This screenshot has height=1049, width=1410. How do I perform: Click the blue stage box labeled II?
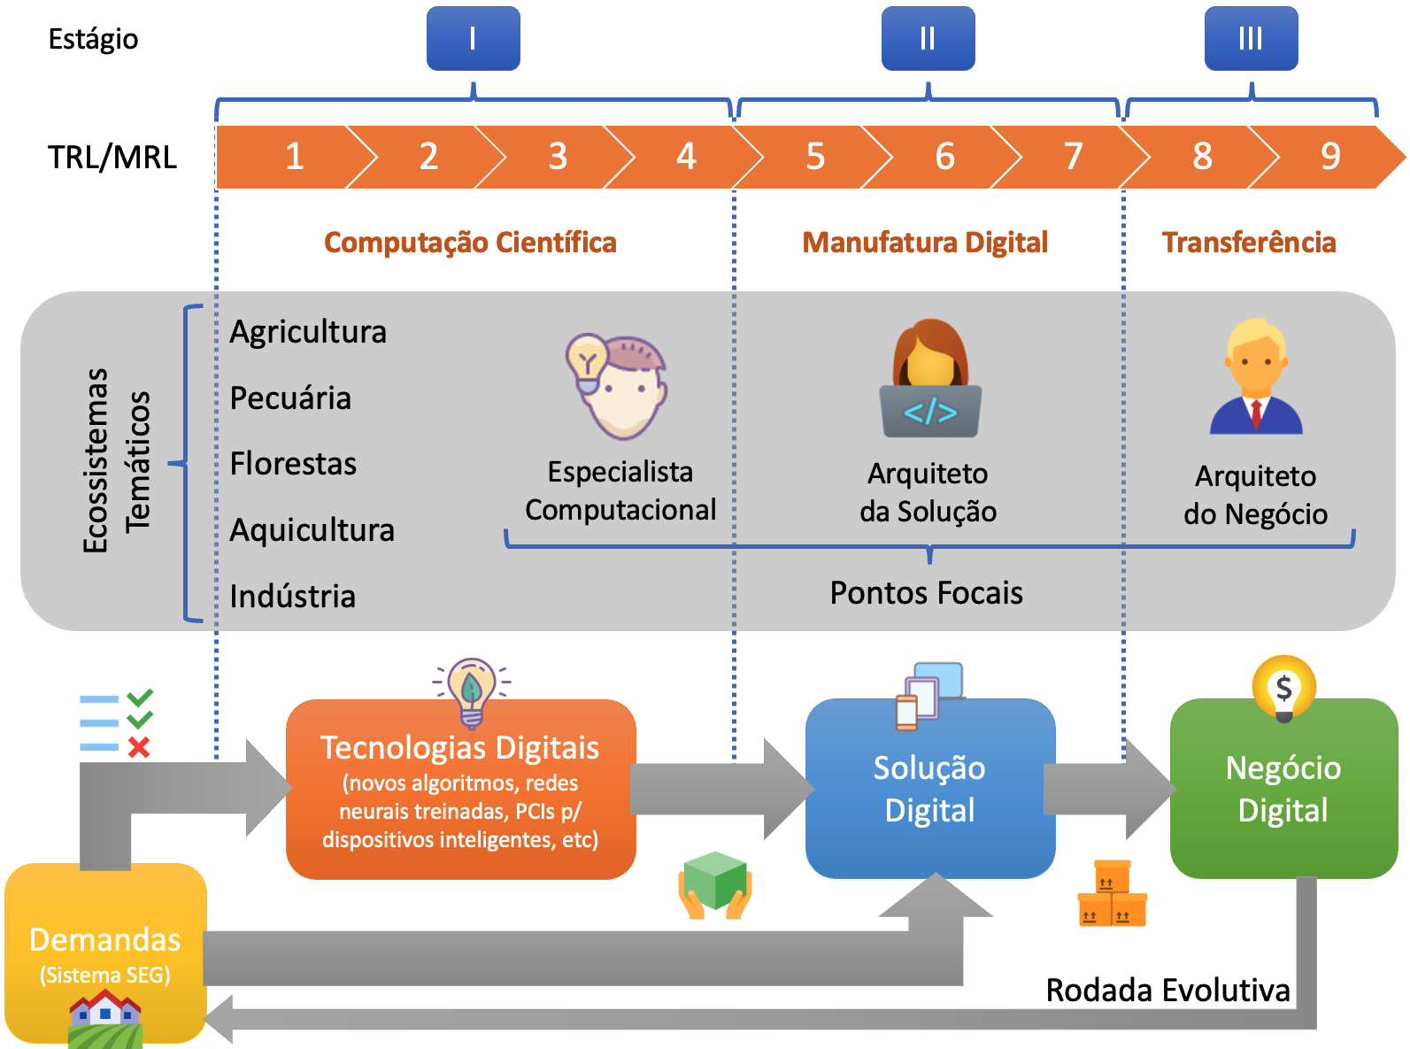point(928,39)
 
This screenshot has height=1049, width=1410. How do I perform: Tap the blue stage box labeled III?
point(1251,39)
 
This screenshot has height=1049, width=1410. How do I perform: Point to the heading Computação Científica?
point(470,243)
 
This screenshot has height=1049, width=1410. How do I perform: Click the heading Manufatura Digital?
point(925,243)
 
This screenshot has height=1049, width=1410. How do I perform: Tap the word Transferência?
point(1249,243)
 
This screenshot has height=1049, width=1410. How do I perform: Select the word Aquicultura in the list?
point(312,530)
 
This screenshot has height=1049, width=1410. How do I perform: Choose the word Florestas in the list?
point(293,464)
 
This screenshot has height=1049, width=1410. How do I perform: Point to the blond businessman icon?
point(1256,378)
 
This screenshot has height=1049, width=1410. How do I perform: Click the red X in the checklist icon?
point(139,748)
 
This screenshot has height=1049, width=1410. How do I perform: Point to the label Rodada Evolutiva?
point(1167,991)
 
